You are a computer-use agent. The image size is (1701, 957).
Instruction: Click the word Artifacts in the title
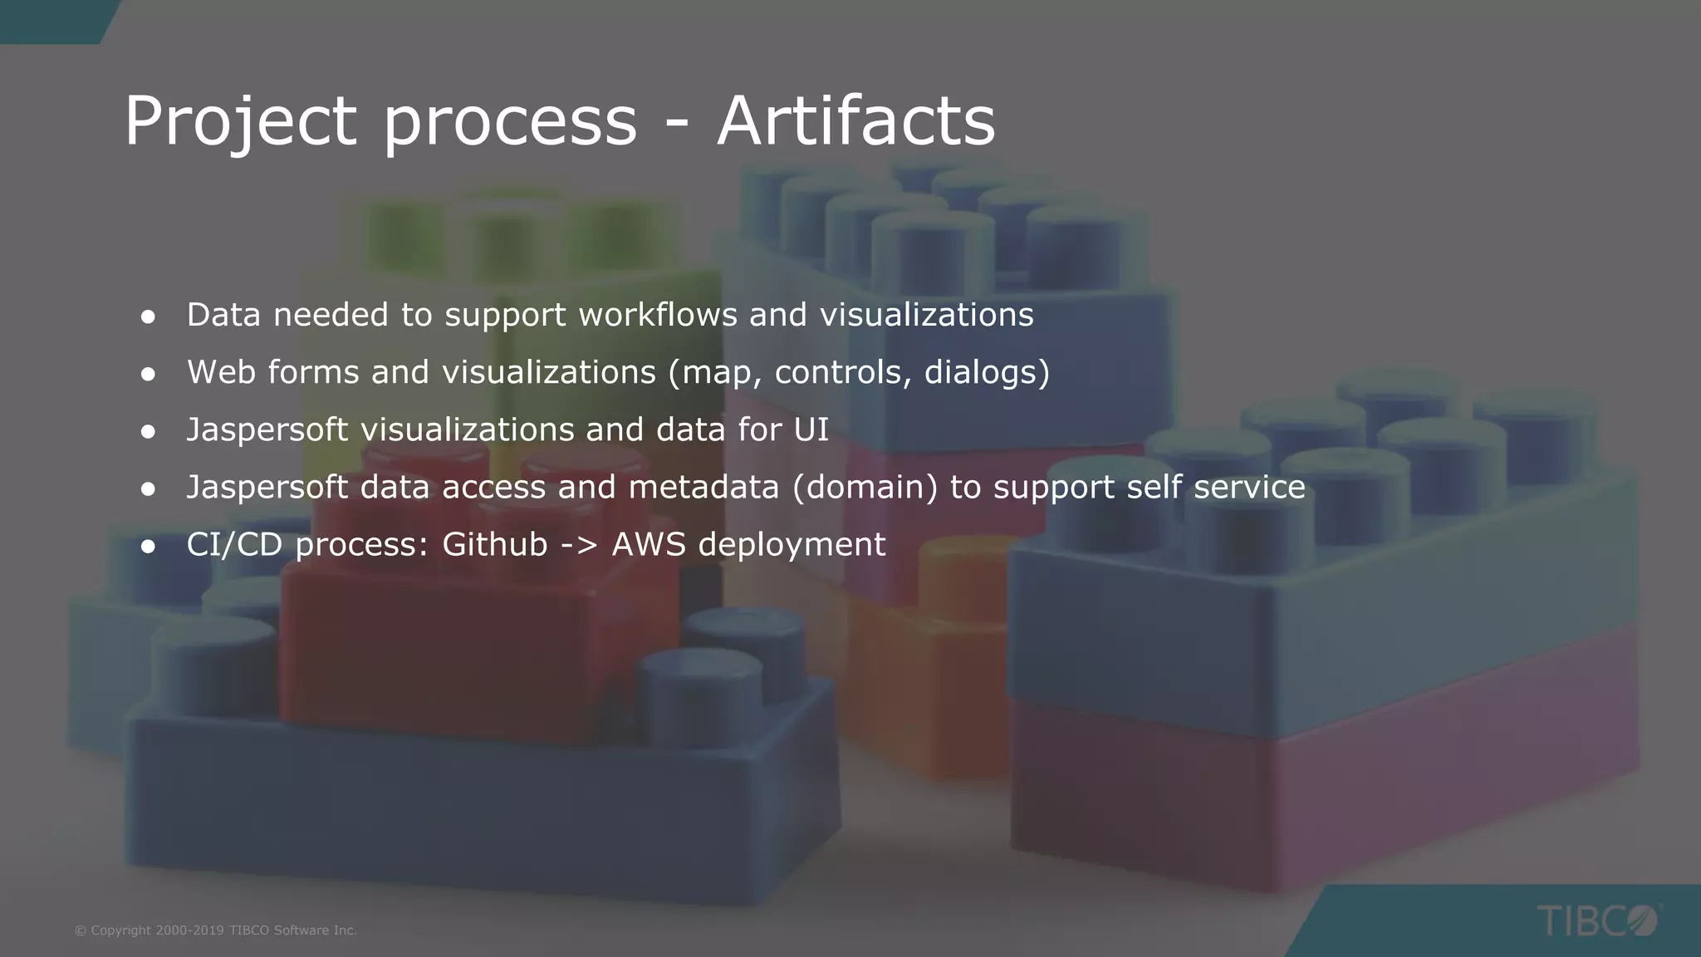(x=855, y=121)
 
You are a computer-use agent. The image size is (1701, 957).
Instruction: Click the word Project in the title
(x=240, y=121)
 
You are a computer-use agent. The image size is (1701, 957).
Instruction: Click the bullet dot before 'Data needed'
(x=149, y=317)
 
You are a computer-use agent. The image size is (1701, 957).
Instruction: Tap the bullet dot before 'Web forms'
(x=149, y=374)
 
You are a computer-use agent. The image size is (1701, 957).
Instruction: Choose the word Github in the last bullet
(x=494, y=544)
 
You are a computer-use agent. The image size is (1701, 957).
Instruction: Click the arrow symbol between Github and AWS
(x=580, y=545)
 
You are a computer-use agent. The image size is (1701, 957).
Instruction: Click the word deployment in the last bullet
(x=792, y=545)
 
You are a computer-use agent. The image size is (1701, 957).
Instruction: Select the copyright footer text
(x=215, y=930)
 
